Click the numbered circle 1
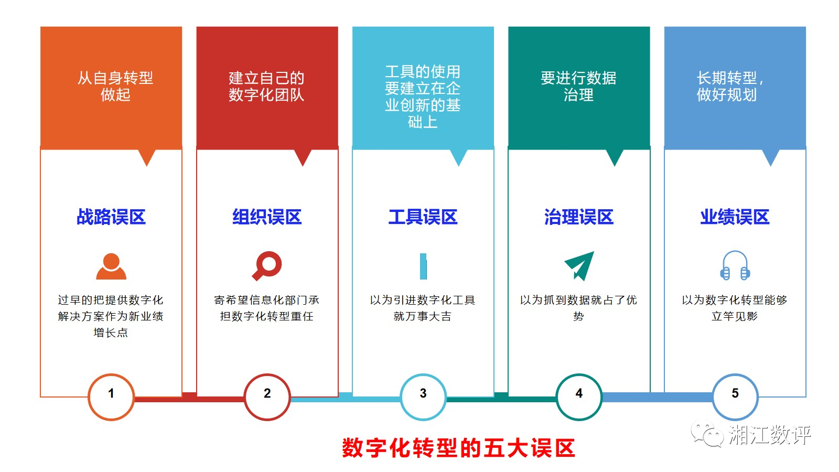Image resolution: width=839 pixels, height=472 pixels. coord(111,396)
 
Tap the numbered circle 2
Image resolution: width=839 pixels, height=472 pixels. coord(267,396)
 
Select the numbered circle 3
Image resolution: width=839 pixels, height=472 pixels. coord(423,396)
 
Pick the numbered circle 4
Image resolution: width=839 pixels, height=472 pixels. coord(579,396)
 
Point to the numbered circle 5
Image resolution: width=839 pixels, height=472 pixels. coord(735,396)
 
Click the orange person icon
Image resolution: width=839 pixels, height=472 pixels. coord(111,266)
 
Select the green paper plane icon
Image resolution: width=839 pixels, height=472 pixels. coord(579,265)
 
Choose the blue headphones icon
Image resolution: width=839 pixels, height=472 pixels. coord(735,265)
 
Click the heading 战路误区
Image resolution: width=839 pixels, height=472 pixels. coord(111,217)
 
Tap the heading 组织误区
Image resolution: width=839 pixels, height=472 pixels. coord(267,217)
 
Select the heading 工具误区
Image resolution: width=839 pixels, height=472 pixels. coord(423,217)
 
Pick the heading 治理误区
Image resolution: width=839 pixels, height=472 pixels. coord(579,217)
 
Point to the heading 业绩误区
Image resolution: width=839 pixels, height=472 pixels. coord(735,217)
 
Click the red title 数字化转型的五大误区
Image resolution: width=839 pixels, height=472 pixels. coord(458,448)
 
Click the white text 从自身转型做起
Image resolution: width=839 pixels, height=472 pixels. coord(115,87)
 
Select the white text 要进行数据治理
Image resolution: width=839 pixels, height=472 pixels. coord(578,87)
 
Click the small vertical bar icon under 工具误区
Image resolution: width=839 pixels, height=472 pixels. coord(423,266)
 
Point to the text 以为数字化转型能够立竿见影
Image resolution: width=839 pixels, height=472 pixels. coord(735,308)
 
